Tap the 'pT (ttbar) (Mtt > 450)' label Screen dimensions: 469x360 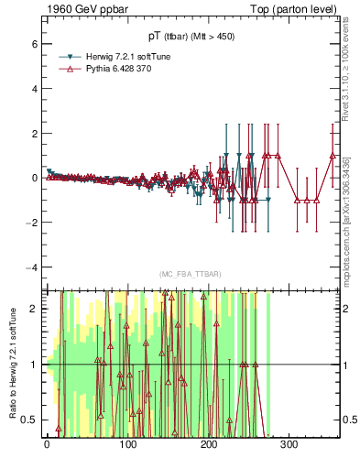(192, 38)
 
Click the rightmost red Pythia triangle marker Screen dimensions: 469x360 (333, 155)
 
